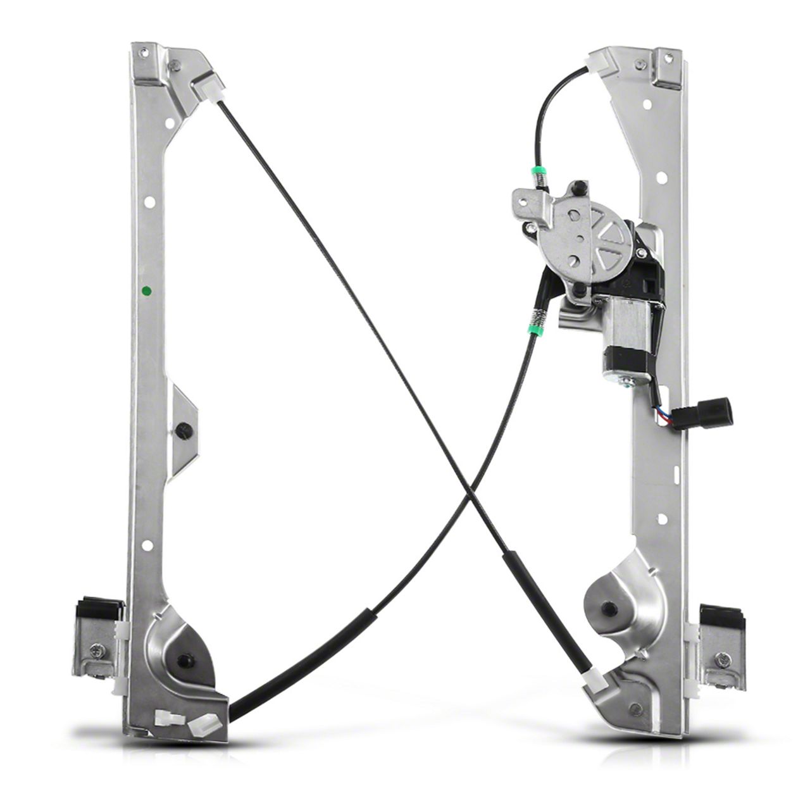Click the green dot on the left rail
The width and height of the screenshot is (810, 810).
(147, 291)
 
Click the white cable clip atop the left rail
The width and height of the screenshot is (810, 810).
(206, 87)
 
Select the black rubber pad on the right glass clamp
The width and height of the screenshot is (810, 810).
(723, 614)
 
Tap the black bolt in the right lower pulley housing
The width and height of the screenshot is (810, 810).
(609, 608)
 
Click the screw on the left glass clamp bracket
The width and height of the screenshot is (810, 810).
(97, 650)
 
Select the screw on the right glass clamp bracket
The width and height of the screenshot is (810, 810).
(723, 659)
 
